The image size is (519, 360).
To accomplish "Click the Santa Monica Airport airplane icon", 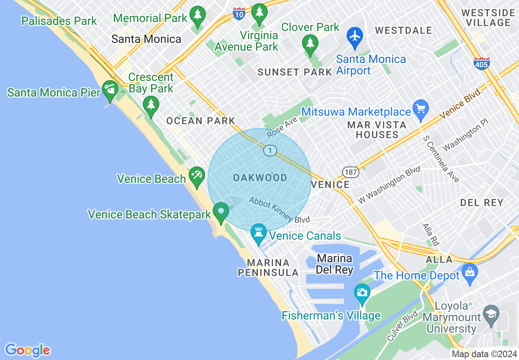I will coord(355,36).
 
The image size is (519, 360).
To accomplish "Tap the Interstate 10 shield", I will coord(239,13).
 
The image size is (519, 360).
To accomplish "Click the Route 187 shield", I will coord(351,172).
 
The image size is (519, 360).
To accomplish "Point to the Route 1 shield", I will coord(269,151).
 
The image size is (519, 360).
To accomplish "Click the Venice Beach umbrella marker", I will coord(196,176).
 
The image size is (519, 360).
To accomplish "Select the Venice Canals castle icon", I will coord(258,233).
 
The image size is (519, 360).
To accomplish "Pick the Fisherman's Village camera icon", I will coord(362,293).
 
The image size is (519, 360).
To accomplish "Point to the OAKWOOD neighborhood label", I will coord(260,178).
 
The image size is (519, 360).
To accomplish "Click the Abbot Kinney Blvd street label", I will coord(279,211).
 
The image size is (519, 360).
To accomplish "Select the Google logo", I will coord(27,350).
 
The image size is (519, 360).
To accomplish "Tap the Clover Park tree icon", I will coord(310,43).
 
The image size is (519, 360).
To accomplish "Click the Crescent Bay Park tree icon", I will coord(151,106).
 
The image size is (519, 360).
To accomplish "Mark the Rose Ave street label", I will coord(282,128).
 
